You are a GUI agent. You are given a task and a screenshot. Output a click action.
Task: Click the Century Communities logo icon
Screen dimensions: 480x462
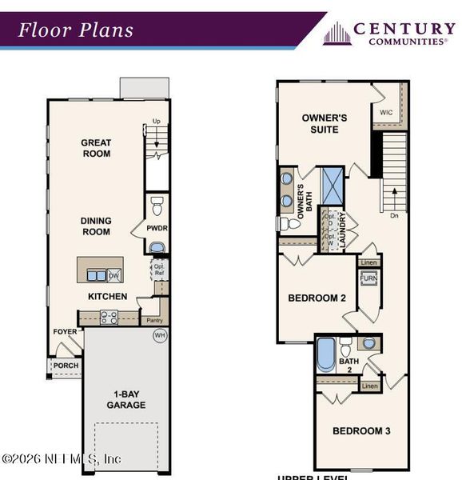click(337, 33)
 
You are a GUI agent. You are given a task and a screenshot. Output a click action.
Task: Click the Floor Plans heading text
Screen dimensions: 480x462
click(76, 31)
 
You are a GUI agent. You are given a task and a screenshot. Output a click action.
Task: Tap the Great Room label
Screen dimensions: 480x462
click(96, 148)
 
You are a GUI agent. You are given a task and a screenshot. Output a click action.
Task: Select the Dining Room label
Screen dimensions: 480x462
click(96, 226)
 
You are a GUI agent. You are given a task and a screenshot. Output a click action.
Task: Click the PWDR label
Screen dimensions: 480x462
click(157, 228)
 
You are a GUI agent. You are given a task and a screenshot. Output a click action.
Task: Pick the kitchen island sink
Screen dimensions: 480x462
click(96, 275)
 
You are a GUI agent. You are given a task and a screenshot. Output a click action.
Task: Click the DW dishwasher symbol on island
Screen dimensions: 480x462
click(114, 276)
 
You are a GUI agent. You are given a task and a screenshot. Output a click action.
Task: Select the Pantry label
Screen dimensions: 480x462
click(154, 320)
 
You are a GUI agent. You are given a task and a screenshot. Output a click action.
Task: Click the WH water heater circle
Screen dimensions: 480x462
click(159, 335)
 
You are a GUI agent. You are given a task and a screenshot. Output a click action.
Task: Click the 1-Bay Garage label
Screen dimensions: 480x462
click(126, 399)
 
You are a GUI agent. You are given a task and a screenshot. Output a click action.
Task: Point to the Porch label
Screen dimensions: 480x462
click(66, 366)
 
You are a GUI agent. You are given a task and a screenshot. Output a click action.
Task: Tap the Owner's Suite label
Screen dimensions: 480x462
click(325, 123)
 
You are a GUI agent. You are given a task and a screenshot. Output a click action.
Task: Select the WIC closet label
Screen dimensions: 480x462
click(387, 113)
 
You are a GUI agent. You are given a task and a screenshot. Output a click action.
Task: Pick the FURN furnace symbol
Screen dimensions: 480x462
click(368, 278)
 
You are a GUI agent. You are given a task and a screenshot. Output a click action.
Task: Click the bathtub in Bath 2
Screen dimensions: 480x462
click(325, 354)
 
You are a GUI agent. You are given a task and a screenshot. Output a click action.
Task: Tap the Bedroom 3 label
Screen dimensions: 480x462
click(361, 431)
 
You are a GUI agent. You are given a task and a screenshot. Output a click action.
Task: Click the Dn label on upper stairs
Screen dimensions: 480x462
click(392, 215)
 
